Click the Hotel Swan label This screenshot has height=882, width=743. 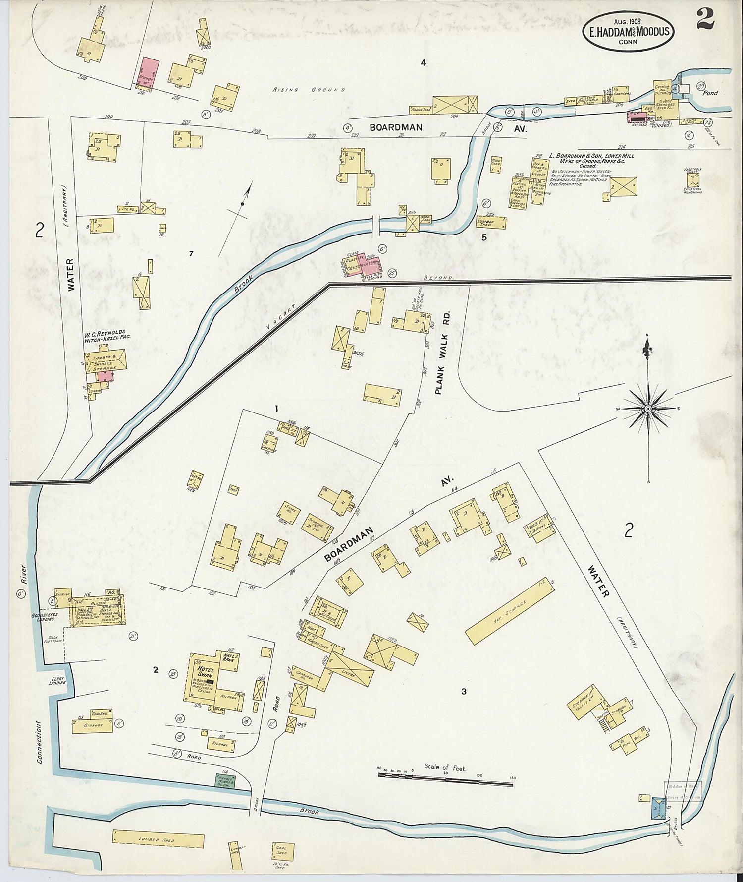click(x=205, y=671)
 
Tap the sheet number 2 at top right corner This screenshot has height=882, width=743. click(x=704, y=20)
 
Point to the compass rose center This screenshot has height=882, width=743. click(x=648, y=408)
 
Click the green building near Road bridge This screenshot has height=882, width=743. click(x=225, y=781)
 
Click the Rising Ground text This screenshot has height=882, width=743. click(x=308, y=90)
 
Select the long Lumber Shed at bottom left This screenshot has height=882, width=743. click(x=158, y=840)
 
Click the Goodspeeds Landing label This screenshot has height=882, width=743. click(x=44, y=617)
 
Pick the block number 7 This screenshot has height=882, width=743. click(x=191, y=254)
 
